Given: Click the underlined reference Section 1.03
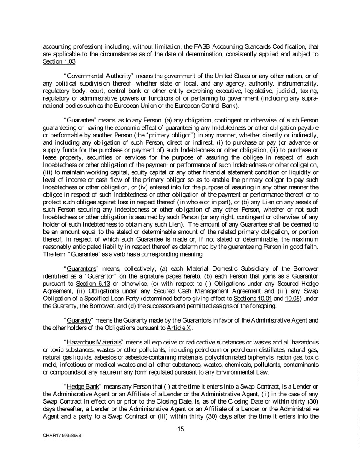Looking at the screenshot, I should tap(53, 61).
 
